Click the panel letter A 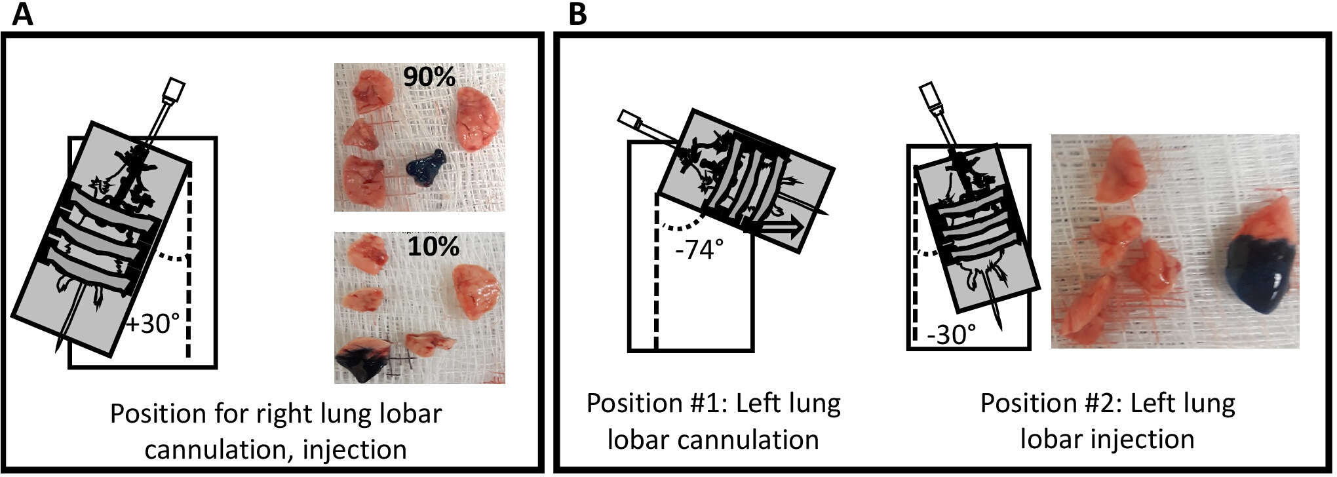coord(22,14)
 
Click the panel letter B coord(577,14)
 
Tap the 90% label coord(429,77)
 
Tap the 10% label coord(433,246)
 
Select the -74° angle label coord(699,249)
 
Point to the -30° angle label coord(951,335)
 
